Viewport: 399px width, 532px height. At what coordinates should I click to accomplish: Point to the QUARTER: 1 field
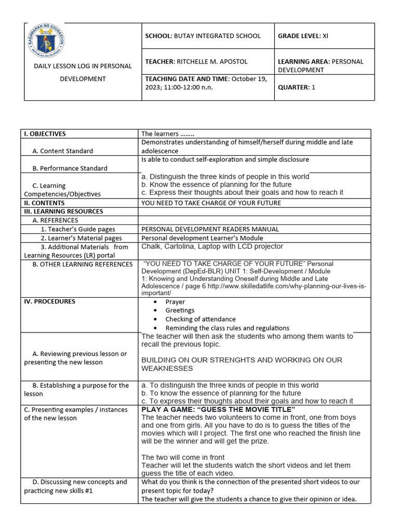pos(297,87)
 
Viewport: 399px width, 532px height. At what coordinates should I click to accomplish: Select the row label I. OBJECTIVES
pos(45,134)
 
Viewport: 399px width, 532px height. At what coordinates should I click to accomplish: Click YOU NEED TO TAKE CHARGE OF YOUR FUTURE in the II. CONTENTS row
pos(211,203)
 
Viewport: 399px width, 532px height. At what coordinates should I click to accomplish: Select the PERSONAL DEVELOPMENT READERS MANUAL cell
pos(210,229)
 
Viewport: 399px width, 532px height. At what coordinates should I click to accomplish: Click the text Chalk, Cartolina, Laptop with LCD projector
pos(212,246)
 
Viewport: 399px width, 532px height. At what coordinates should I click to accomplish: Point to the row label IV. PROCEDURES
pos(50,301)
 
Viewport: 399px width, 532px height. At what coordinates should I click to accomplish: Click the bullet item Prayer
pos(175,302)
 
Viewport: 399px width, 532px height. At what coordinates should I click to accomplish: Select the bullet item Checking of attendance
pos(200,319)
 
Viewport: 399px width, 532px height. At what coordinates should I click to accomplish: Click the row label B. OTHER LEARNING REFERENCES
pos(82,264)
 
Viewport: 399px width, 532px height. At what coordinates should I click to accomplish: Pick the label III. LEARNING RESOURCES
pos(63,211)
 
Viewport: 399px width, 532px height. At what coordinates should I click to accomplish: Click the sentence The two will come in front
pos(183,457)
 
